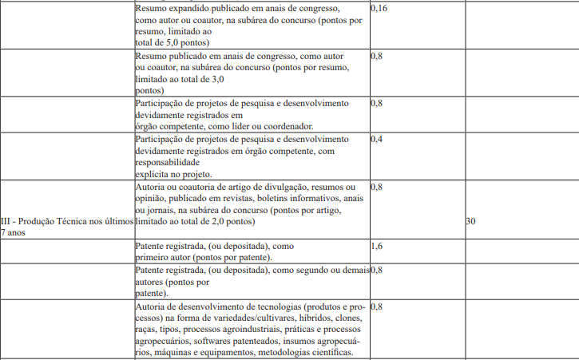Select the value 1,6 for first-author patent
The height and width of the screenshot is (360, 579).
pyautogui.click(x=376, y=247)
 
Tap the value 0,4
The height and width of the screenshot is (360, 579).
pyautogui.click(x=376, y=138)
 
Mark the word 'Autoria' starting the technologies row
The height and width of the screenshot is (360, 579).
pyautogui.click(x=153, y=307)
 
